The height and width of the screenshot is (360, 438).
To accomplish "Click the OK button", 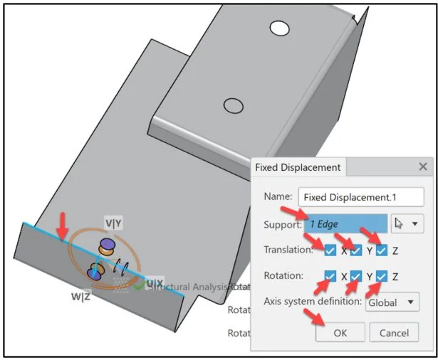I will [x=340, y=332].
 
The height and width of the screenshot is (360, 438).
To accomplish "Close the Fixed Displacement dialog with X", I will [x=422, y=168].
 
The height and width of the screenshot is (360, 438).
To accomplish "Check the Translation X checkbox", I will [x=330, y=250].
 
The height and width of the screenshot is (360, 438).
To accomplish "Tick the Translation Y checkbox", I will [x=356, y=250].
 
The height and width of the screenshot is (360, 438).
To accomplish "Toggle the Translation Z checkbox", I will [x=382, y=250].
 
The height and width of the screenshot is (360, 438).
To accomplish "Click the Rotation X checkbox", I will [x=330, y=276].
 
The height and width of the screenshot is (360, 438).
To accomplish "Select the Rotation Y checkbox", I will [x=356, y=276].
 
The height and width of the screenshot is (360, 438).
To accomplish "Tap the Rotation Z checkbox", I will [x=382, y=276].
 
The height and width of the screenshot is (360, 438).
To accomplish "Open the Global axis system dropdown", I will [x=392, y=302].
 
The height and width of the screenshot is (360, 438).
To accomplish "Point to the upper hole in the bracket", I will [x=280, y=29].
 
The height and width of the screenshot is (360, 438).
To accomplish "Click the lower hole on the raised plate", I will [x=232, y=105].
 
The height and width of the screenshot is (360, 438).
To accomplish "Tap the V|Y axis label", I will [x=114, y=223].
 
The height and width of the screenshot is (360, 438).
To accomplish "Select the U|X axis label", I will [x=155, y=283].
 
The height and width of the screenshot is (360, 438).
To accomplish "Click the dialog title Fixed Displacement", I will [x=298, y=168].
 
